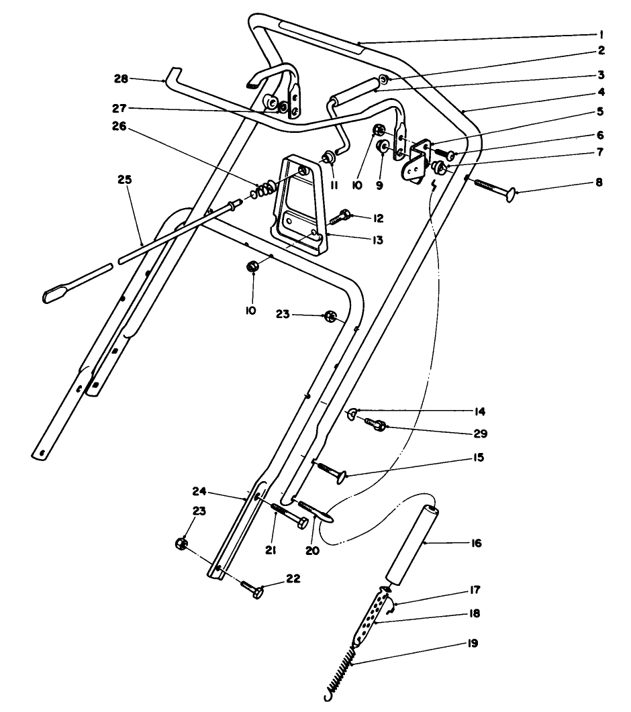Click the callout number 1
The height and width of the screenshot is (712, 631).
601,33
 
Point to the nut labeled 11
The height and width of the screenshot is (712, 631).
328,159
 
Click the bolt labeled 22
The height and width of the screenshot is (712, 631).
254,590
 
